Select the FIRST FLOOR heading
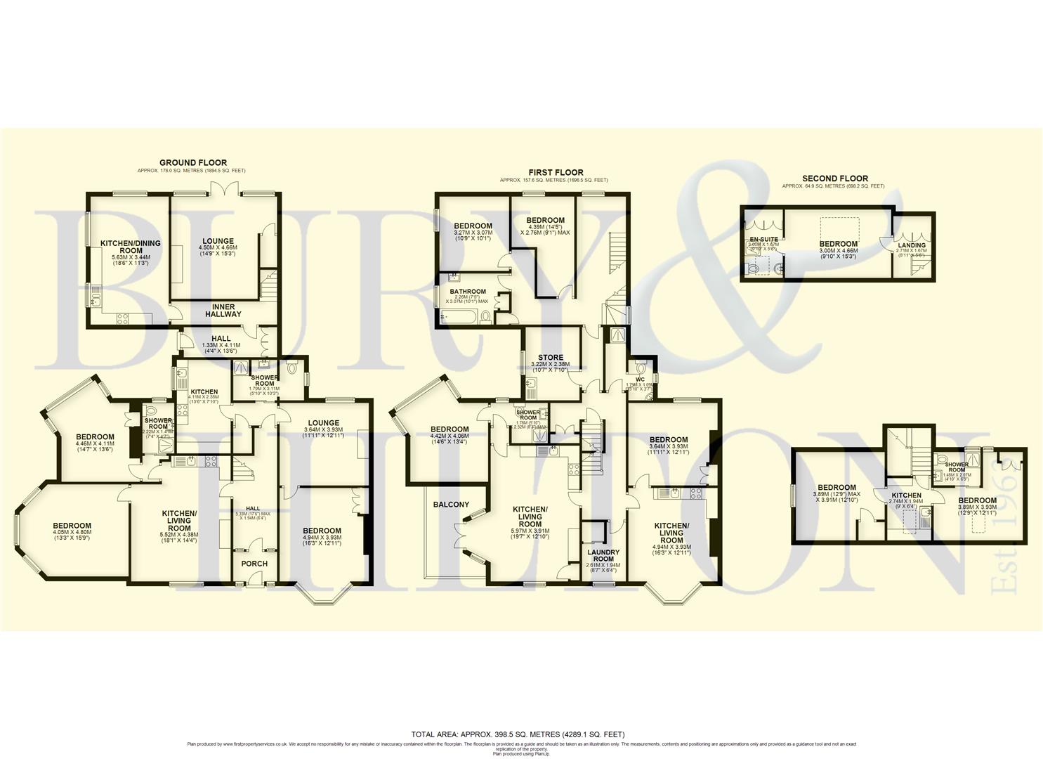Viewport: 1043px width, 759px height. coord(556,172)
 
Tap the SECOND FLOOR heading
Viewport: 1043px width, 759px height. coord(834,179)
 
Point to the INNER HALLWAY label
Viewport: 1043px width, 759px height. coord(223,311)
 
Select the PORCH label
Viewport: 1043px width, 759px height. coord(254,564)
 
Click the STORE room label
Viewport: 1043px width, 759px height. coord(551,358)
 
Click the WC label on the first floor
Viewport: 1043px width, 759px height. coord(640,379)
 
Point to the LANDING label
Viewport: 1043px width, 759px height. coord(912,245)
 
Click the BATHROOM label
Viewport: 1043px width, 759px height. coord(468,292)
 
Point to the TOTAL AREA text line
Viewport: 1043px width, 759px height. coord(518,734)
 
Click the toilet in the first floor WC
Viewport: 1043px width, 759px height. coord(641,367)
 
